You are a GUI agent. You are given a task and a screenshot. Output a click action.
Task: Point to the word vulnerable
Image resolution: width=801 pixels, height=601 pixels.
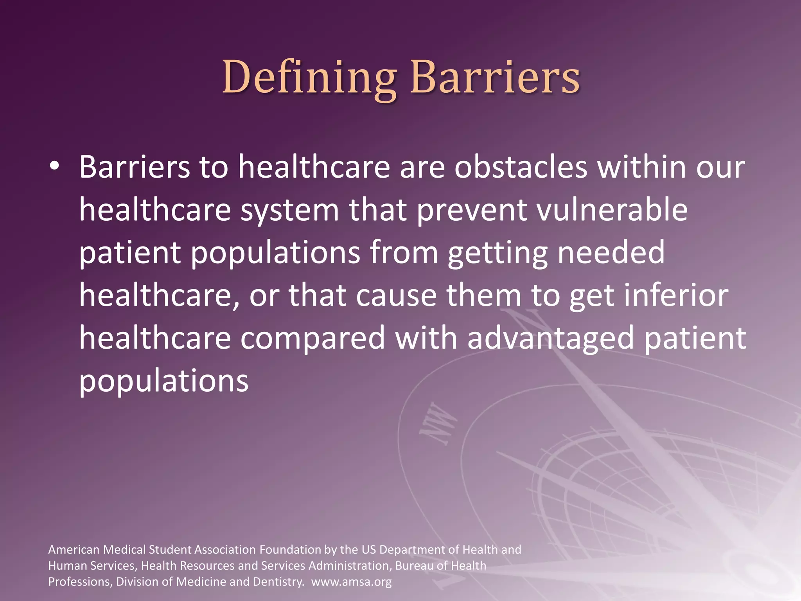612,210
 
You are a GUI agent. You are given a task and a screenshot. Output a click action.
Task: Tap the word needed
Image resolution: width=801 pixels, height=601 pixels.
611,253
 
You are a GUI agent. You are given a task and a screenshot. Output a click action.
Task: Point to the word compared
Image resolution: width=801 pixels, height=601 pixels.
312,338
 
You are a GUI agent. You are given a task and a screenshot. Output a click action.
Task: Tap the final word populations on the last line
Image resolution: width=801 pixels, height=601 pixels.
164,381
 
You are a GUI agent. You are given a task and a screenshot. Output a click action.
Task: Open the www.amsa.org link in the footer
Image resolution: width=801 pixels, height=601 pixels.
351,582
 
